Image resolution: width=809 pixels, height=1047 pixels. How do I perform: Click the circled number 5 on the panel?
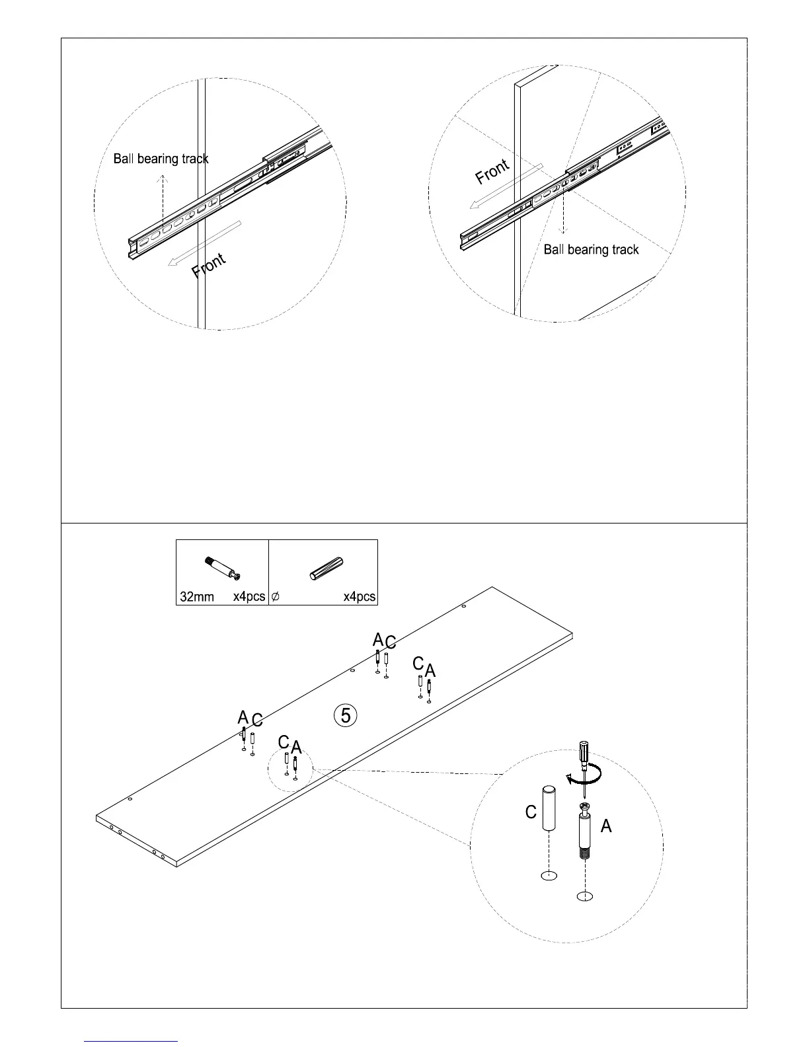[346, 715]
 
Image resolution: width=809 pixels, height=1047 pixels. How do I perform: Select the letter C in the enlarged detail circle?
[531, 812]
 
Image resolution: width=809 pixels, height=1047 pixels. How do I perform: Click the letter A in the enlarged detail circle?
[606, 826]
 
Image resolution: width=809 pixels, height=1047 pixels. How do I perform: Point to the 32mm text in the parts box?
[197, 597]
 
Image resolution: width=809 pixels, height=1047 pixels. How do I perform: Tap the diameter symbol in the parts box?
[276, 597]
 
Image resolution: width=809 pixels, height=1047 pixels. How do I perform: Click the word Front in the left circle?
[209, 266]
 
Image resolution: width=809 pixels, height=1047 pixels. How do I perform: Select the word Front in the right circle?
[492, 172]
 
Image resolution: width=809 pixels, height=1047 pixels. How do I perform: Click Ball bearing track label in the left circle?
[161, 159]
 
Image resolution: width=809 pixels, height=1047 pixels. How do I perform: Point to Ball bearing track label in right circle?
[591, 249]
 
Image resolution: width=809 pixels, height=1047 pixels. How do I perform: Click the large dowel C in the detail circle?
[549, 808]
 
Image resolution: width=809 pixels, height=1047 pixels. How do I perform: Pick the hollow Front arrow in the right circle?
[506, 186]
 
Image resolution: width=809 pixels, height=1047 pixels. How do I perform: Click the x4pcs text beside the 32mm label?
[249, 597]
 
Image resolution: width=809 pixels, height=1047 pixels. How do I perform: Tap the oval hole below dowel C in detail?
[549, 876]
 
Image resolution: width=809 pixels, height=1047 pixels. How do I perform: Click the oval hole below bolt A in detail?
[584, 896]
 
